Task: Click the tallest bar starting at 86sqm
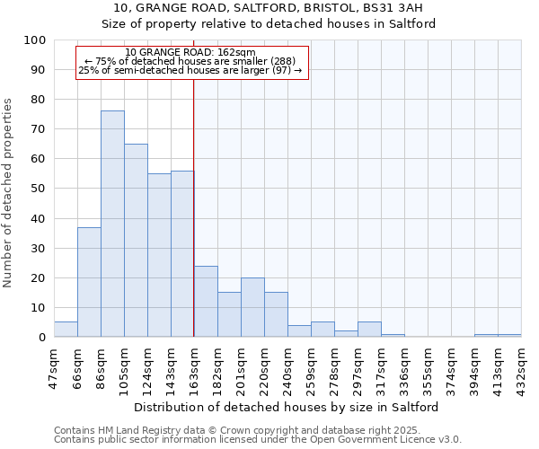click(x=112, y=224)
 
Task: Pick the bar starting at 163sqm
click(x=206, y=302)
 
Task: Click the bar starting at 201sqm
click(x=252, y=307)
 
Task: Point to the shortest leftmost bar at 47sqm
click(x=66, y=330)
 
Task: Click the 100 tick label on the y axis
click(x=34, y=40)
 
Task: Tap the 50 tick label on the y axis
click(x=38, y=189)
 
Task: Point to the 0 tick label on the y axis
click(x=41, y=338)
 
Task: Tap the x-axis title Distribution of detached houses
click(x=287, y=407)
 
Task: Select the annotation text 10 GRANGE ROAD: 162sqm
click(x=190, y=53)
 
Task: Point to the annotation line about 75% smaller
click(x=190, y=61)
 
